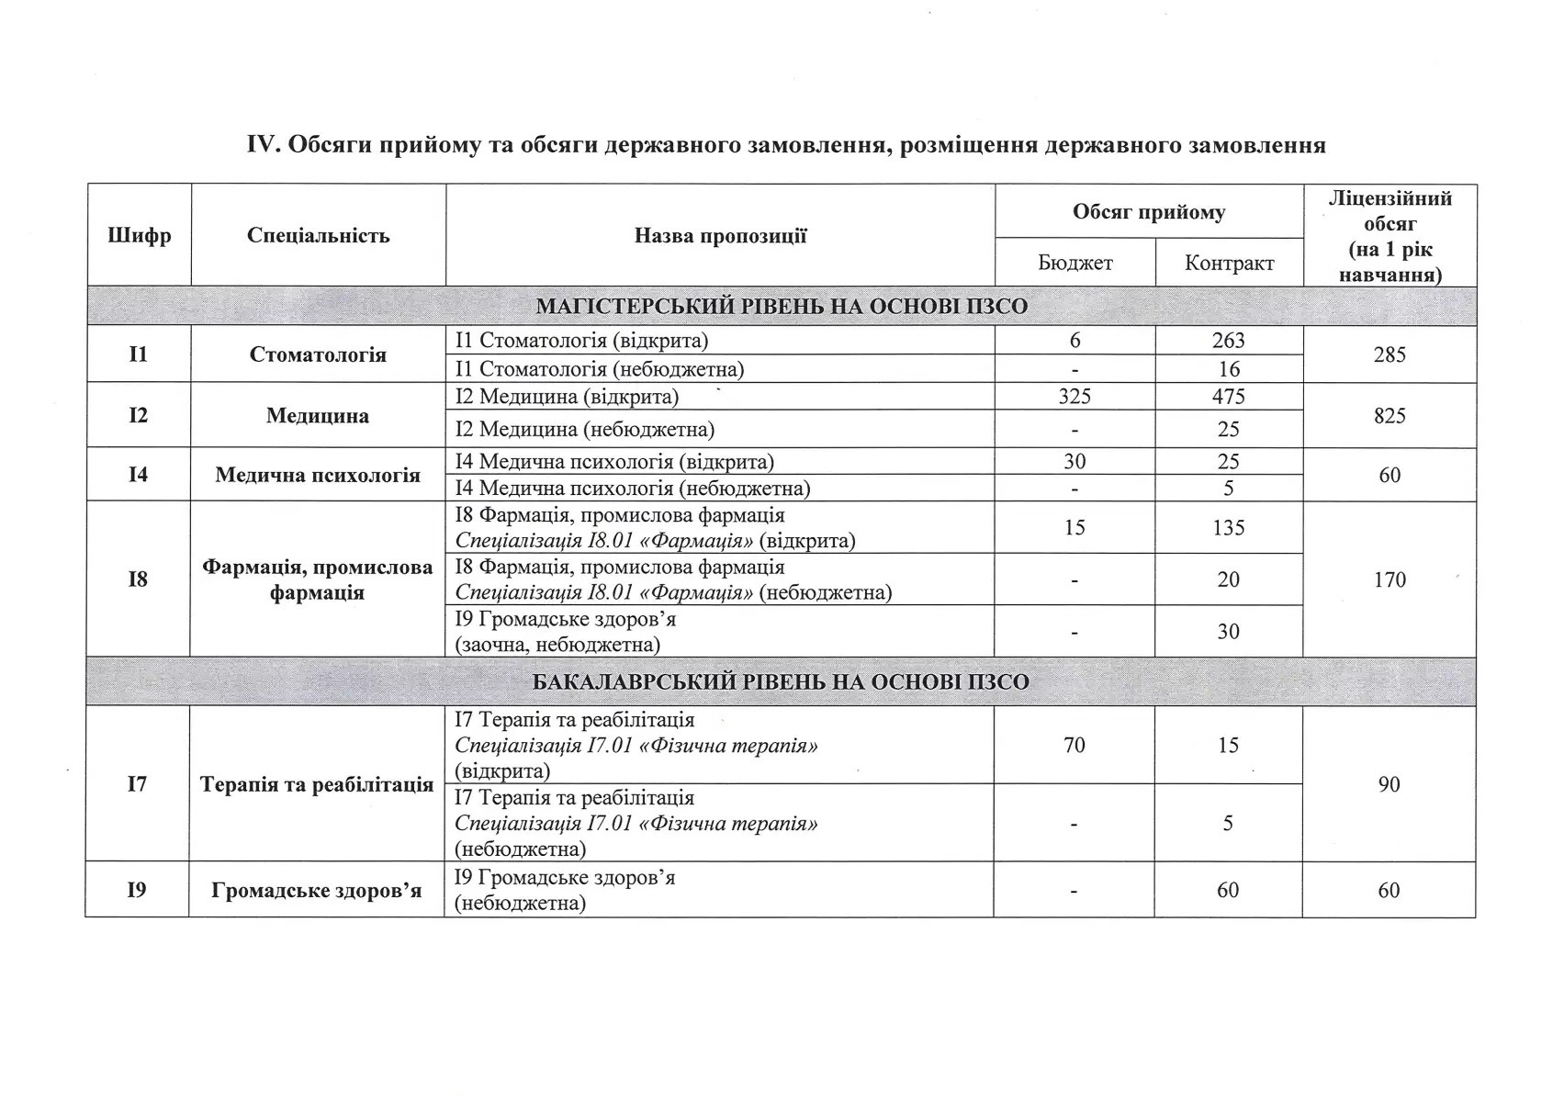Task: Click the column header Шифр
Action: click(x=139, y=236)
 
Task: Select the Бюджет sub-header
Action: click(x=1075, y=264)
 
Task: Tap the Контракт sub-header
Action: click(x=1229, y=264)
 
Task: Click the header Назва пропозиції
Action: click(x=720, y=236)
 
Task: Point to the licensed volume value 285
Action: click(x=1389, y=354)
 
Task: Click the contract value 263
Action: click(x=1228, y=341)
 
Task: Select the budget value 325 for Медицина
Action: click(x=1075, y=397)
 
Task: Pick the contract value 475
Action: click(x=1228, y=397)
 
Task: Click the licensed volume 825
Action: click(x=1389, y=416)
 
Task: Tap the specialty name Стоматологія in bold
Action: click(x=318, y=354)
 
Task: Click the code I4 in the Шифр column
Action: click(x=138, y=475)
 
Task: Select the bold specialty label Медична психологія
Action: click(x=318, y=475)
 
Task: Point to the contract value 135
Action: click(x=1228, y=528)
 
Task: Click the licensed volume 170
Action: click(x=1389, y=579)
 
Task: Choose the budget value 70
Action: click(x=1074, y=745)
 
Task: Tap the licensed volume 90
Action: click(x=1389, y=784)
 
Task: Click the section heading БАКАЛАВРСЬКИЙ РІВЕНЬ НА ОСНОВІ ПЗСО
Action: click(x=781, y=682)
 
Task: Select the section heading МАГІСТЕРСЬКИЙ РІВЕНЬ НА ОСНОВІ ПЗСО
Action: click(x=782, y=307)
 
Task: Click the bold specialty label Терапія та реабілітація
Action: click(x=317, y=785)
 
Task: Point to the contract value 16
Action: click(x=1228, y=369)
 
